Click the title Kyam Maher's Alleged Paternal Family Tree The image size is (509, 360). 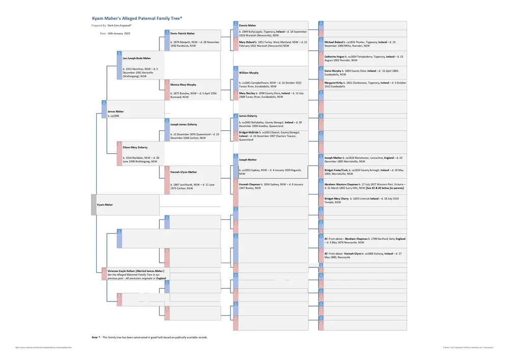pos(137,18)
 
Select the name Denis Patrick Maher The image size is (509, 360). pos(182,33)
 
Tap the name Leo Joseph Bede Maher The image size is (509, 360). pos(137,59)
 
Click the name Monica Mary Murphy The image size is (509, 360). pos(183,85)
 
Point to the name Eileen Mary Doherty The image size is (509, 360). pos(135,147)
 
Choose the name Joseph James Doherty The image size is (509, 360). pos(183,124)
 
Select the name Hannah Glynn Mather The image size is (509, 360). pos(183,172)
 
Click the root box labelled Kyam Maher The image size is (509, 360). pos(105,205)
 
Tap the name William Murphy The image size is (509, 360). pos(249,73)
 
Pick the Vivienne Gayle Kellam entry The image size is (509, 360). pos(135,271)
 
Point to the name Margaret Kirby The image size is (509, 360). pos(333,82)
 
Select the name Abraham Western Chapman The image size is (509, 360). pos(342,184)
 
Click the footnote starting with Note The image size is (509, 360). pos(150,337)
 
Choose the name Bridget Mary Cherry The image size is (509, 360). pos(336,199)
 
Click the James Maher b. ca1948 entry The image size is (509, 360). pos(116,113)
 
